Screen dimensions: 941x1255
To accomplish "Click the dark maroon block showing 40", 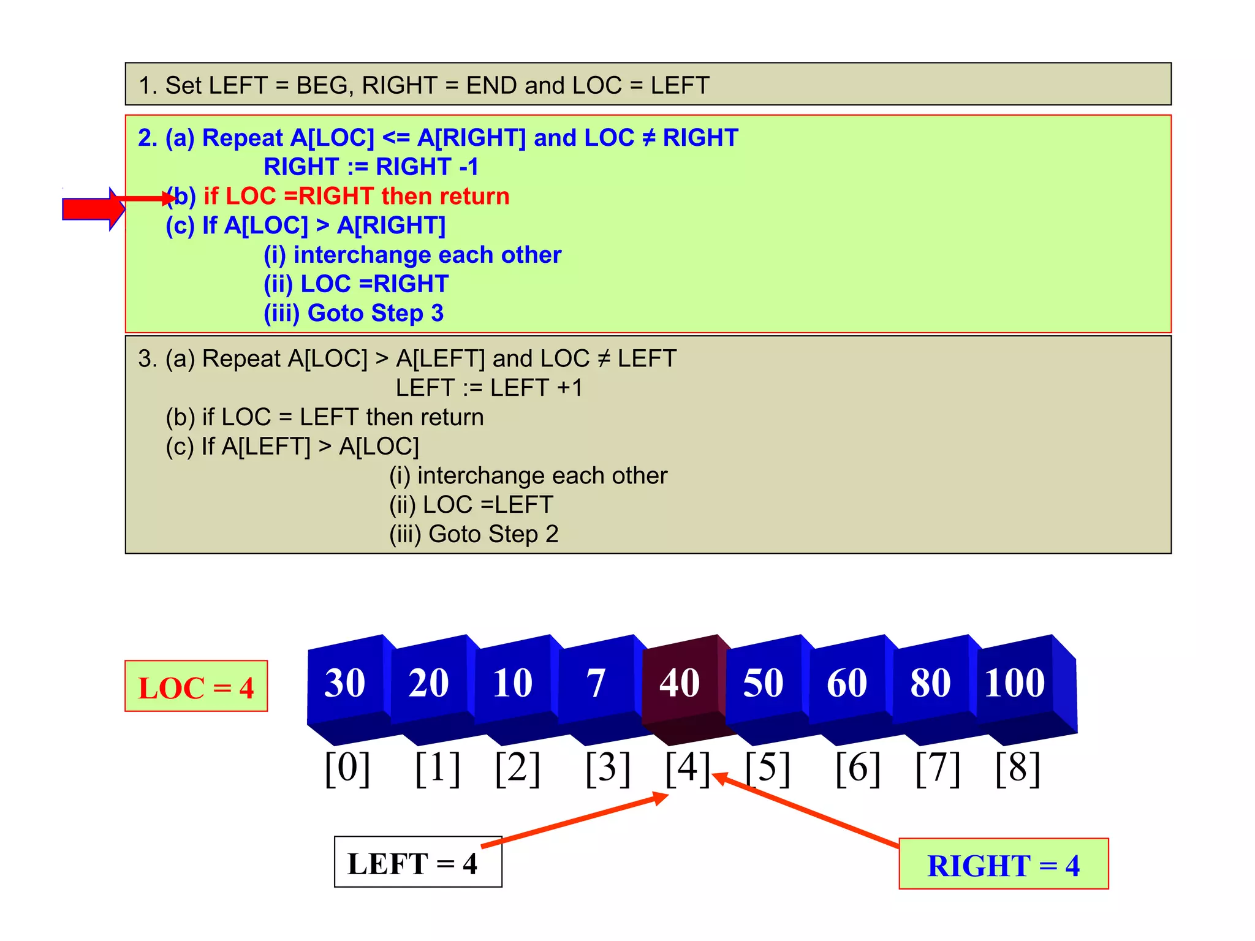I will tap(680, 683).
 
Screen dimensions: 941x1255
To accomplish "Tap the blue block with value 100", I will tap(1015, 683).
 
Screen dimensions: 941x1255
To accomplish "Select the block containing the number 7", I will tap(596, 683).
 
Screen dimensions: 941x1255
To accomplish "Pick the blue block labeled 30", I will tap(345, 683).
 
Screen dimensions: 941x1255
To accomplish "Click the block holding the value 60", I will tap(847, 683).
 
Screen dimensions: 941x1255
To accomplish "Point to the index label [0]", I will tap(347, 768).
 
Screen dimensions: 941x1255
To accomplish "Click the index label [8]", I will tap(1018, 768).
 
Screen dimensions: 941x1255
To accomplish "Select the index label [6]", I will tap(858, 768).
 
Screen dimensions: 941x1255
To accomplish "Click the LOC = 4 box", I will tap(196, 687).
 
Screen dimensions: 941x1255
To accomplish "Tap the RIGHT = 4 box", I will tap(1003, 864).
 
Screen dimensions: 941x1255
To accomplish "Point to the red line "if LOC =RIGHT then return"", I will tap(356, 197).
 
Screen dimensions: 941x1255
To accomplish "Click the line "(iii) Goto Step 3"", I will tap(354, 313).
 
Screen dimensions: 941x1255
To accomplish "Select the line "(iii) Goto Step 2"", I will tap(474, 534).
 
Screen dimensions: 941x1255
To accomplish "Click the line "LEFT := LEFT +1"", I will tap(489, 388).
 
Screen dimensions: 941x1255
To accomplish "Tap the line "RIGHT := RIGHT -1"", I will tap(371, 167).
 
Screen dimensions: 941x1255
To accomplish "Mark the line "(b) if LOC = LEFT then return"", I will tap(325, 417).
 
